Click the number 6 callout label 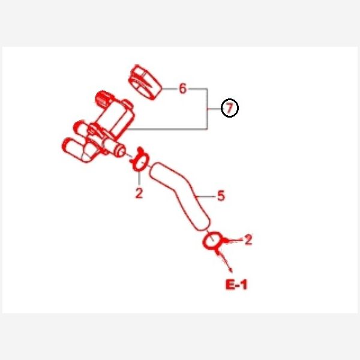[x=182, y=88]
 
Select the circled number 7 [x=230, y=108]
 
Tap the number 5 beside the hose [x=221, y=196]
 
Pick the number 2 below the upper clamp [x=139, y=193]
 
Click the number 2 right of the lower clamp [x=248, y=240]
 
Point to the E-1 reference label [x=236, y=284]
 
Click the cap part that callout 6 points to [x=145, y=82]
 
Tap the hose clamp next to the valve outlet [x=139, y=160]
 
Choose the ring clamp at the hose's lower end [x=212, y=242]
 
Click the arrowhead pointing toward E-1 [x=230, y=270]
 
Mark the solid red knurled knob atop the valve [x=103, y=98]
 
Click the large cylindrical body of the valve [x=115, y=119]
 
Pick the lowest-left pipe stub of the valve [x=73, y=149]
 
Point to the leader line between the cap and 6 [x=170, y=89]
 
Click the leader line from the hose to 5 [x=205, y=197]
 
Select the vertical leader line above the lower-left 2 [x=139, y=178]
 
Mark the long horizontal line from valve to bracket [x=167, y=129]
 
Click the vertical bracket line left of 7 [x=208, y=109]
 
